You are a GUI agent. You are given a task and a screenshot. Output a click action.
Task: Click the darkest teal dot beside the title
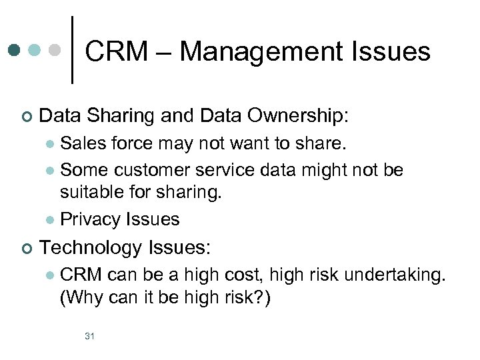[15, 50]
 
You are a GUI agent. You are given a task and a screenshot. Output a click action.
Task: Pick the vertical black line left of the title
[72, 50]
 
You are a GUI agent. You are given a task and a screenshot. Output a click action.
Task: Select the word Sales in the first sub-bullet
[82, 143]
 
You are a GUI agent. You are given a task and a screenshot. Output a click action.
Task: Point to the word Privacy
[91, 219]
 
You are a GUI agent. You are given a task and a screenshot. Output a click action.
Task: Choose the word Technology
[90, 248]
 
